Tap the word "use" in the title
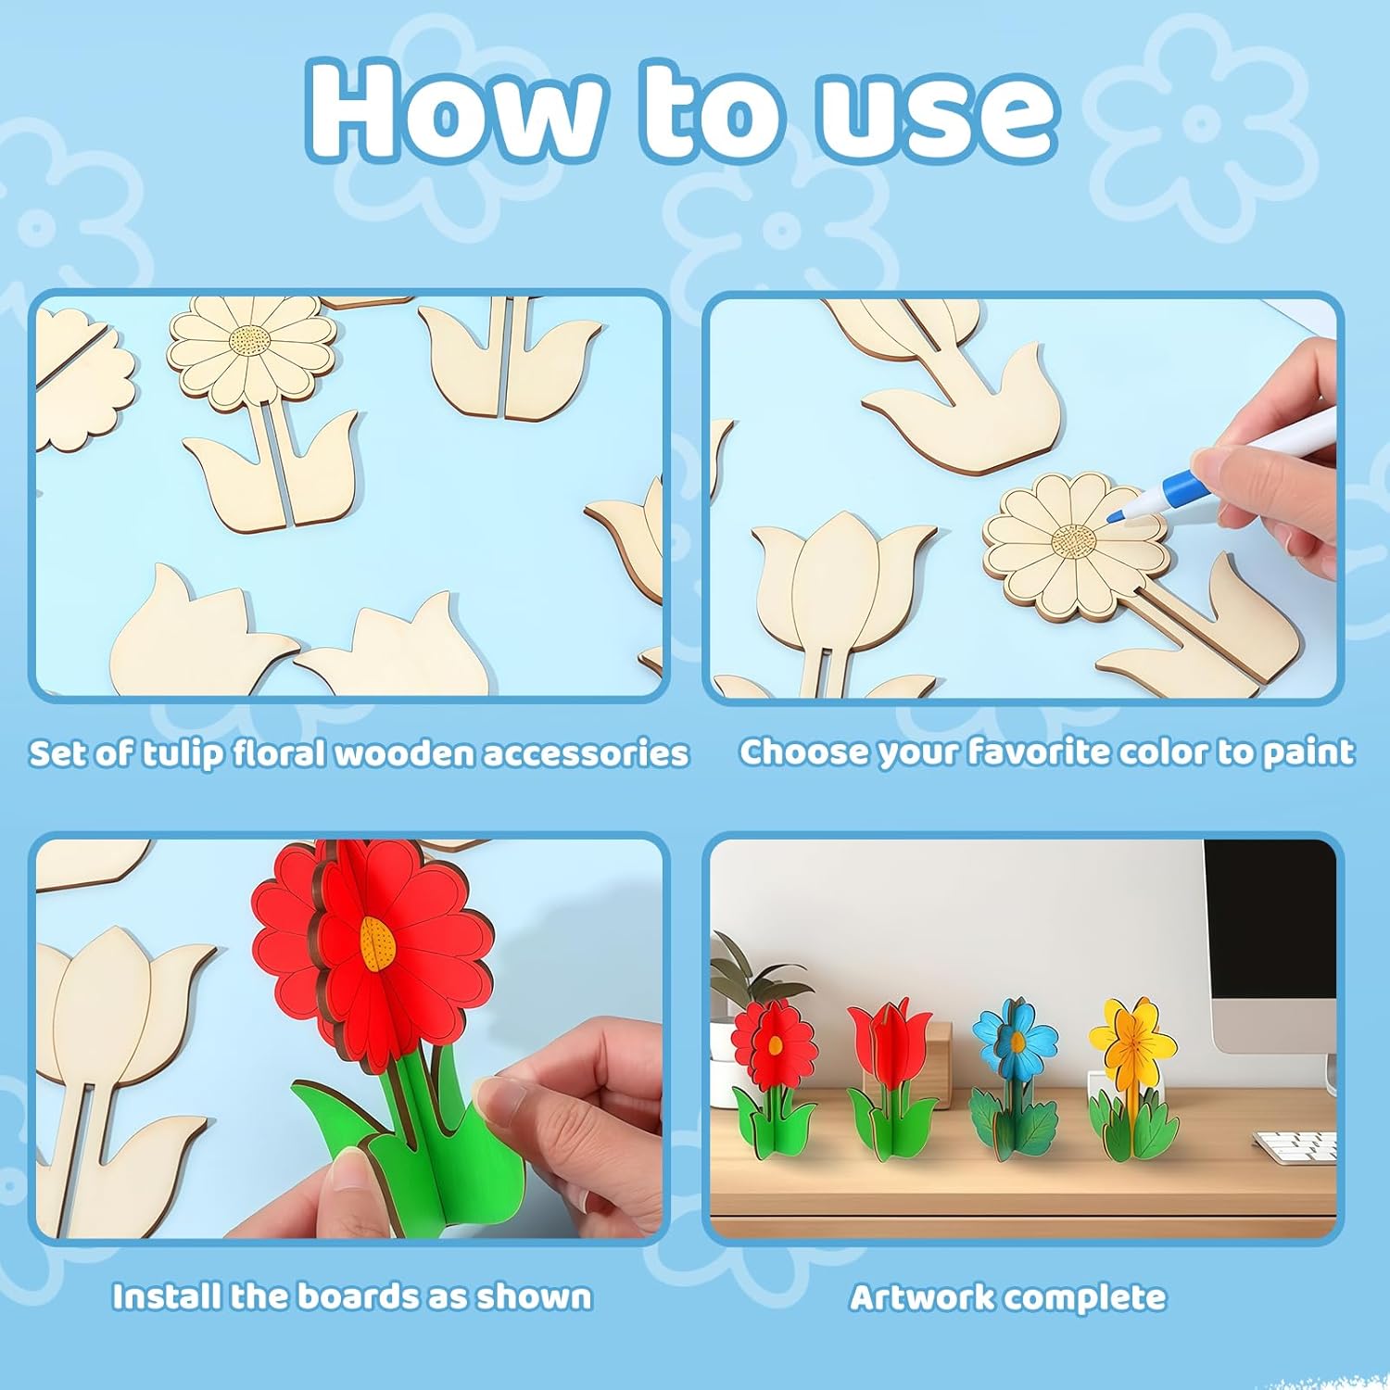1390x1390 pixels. (935, 116)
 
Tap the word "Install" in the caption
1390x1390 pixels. (167, 1295)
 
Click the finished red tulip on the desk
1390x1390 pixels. (891, 1080)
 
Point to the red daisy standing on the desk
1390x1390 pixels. (774, 1080)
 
